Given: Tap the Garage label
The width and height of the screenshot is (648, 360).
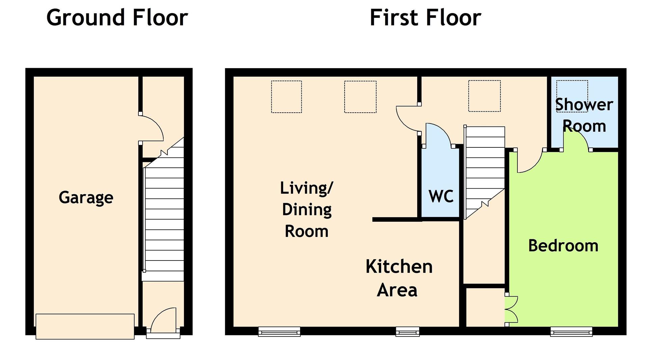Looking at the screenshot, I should click(86, 197).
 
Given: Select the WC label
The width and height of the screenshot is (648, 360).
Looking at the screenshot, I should click(441, 196).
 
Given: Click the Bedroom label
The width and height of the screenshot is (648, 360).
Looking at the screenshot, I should click(563, 245).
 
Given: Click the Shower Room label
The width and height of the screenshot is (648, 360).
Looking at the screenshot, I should click(584, 115).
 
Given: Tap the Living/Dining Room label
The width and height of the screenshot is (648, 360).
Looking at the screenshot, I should click(306, 209).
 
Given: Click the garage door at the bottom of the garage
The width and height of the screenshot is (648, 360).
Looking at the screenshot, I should click(85, 326).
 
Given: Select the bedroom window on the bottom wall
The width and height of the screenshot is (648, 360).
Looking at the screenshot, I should click(571, 332).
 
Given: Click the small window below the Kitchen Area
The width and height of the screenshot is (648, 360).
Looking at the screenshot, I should click(407, 332).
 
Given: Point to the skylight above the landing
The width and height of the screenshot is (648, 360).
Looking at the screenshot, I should click(484, 96).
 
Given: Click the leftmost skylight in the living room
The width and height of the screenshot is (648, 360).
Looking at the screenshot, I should click(286, 96).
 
